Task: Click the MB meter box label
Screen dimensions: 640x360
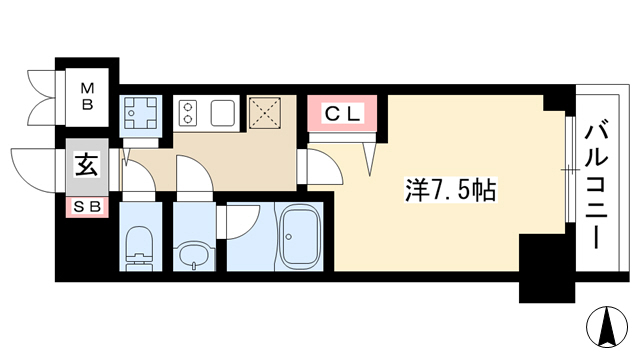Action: click(87, 96)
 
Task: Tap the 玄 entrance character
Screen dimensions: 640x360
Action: click(87, 166)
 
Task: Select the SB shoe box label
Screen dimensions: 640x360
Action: click(87, 207)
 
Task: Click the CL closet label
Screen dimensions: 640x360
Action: click(342, 114)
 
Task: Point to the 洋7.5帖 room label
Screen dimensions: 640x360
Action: click(451, 190)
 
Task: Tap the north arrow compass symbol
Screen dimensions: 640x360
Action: click(607, 327)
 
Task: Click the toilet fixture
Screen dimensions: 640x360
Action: click(140, 247)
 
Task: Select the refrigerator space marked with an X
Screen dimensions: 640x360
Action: click(264, 113)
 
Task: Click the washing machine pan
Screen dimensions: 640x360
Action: click(140, 112)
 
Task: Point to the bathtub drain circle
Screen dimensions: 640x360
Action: click(289, 236)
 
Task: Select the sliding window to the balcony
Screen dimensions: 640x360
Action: click(570, 170)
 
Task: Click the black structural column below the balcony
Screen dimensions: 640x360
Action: click(547, 268)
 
